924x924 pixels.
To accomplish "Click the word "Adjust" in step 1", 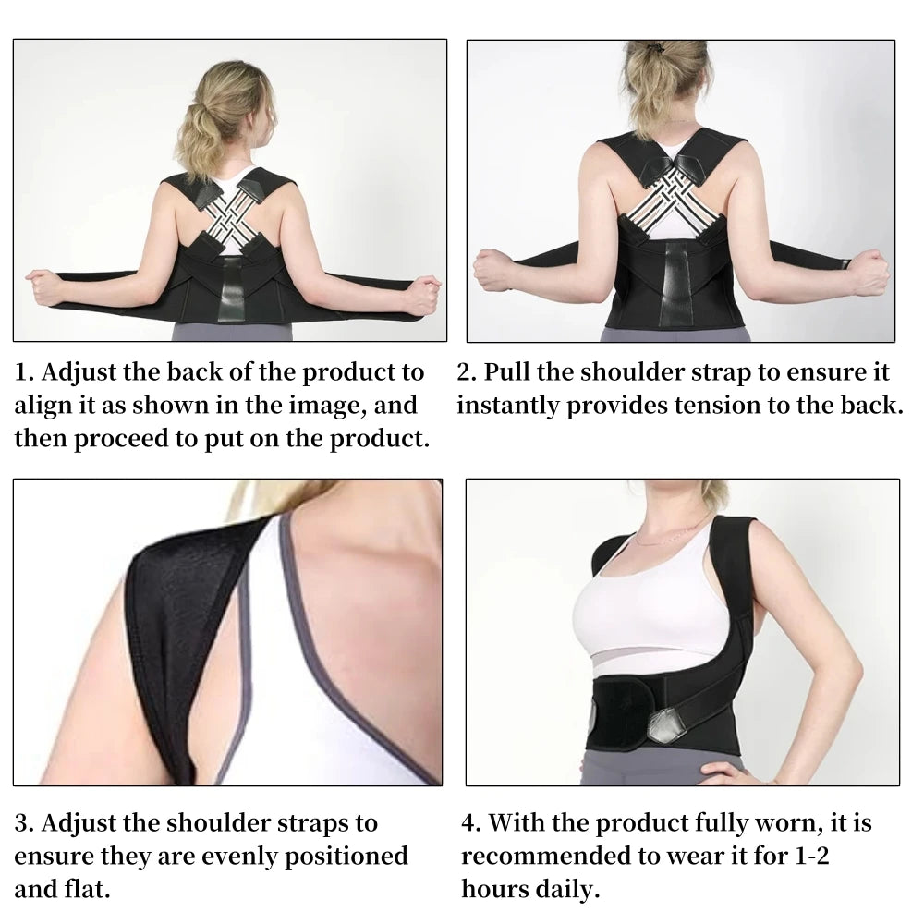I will (84, 373).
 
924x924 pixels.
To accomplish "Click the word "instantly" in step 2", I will (506, 406).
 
